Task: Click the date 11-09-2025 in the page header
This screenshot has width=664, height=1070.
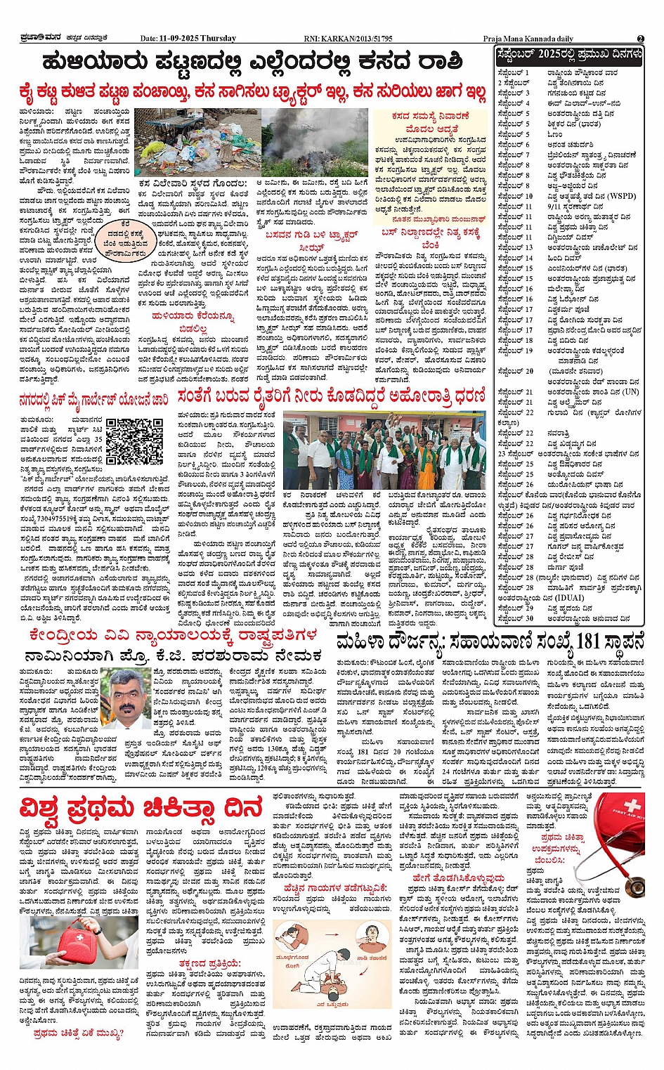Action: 188,39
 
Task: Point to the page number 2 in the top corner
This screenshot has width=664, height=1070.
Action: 640,39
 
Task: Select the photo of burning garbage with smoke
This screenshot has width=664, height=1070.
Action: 314,143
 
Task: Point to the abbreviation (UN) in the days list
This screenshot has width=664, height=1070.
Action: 630,392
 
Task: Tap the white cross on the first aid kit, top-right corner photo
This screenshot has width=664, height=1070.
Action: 632,806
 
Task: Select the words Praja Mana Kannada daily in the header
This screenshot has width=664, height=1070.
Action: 528,39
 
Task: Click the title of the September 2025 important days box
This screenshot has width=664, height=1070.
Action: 569,53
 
